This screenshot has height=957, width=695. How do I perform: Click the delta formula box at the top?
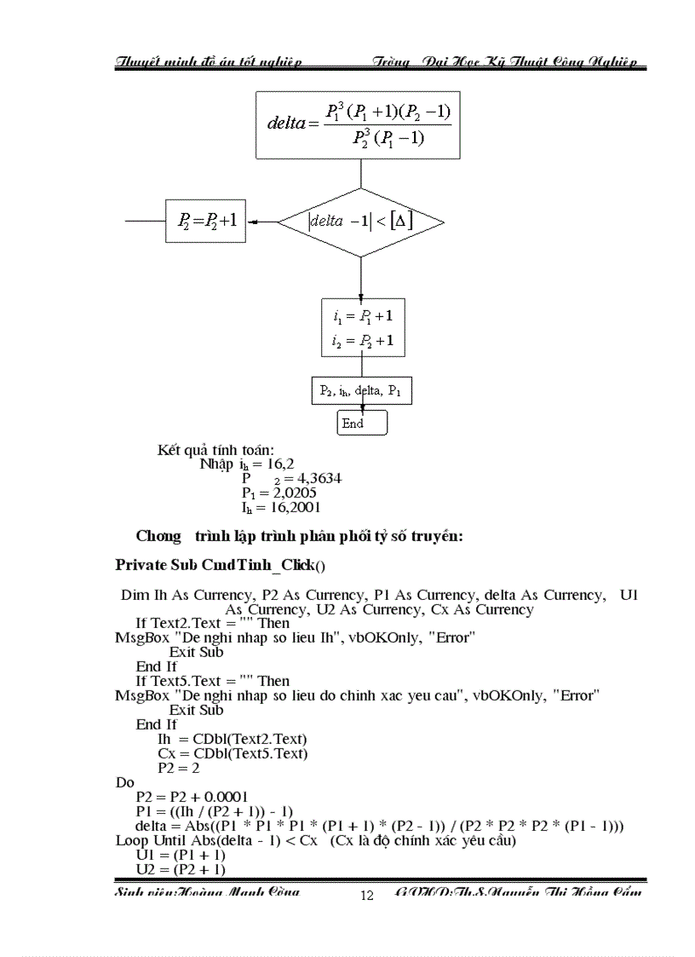pyautogui.click(x=359, y=125)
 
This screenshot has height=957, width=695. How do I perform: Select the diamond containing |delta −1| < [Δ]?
pyautogui.click(x=360, y=222)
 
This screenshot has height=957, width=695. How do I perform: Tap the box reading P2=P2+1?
pyautogui.click(x=205, y=222)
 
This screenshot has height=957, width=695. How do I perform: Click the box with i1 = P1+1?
pyautogui.click(x=363, y=327)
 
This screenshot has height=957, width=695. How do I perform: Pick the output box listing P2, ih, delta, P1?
pyautogui.click(x=360, y=391)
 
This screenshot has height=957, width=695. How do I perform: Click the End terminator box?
pyautogui.click(x=362, y=423)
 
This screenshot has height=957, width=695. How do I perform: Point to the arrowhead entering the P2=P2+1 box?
pyautogui.click(x=252, y=222)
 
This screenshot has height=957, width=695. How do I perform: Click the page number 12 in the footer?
pyautogui.click(x=367, y=895)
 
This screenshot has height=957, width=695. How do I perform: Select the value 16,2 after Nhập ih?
pyautogui.click(x=275, y=464)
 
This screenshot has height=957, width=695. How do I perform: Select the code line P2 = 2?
pyautogui.click(x=178, y=768)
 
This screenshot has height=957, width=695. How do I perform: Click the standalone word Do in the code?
pyautogui.click(x=123, y=782)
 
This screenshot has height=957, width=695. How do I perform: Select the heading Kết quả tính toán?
pyautogui.click(x=215, y=449)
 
